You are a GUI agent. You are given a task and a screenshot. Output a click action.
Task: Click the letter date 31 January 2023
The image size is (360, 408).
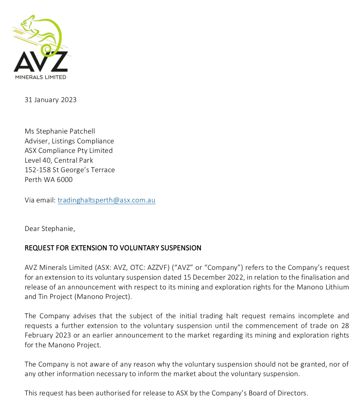click(x=51, y=100)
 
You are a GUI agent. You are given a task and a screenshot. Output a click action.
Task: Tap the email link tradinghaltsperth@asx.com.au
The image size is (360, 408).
click(x=106, y=200)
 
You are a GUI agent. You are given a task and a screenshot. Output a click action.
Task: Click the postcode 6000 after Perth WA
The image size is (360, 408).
click(x=65, y=180)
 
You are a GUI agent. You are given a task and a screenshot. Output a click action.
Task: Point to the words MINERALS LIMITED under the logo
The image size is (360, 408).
click(x=41, y=77)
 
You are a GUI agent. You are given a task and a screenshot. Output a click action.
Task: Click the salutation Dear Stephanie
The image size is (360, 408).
click(x=50, y=229)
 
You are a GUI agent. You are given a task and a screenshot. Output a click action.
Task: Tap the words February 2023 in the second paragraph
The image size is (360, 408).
click(x=48, y=335)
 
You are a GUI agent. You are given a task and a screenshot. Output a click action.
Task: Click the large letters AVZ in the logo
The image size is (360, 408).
click(x=41, y=62)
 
